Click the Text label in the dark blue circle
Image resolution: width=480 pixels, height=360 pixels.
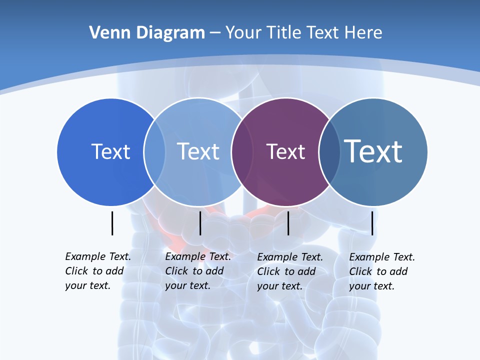[x=110, y=151]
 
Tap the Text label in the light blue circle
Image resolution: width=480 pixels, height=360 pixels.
[x=198, y=151]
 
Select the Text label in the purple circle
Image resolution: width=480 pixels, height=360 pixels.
[x=285, y=151]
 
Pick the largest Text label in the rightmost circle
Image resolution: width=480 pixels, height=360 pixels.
[x=373, y=151]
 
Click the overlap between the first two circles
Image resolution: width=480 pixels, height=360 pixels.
[x=154, y=151]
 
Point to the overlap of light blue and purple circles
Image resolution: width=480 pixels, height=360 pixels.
[x=242, y=151]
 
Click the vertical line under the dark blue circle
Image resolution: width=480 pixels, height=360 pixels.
[x=112, y=223]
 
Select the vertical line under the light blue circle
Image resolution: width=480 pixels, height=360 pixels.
[x=200, y=223]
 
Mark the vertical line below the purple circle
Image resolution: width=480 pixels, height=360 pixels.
[x=288, y=223]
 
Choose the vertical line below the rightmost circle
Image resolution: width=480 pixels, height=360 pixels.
[x=372, y=223]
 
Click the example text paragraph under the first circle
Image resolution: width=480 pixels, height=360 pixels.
[x=97, y=271]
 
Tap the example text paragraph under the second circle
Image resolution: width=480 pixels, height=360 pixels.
[x=197, y=271]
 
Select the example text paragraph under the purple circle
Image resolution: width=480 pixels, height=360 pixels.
[x=289, y=271]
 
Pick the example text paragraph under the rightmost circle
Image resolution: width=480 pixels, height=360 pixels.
[x=381, y=271]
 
